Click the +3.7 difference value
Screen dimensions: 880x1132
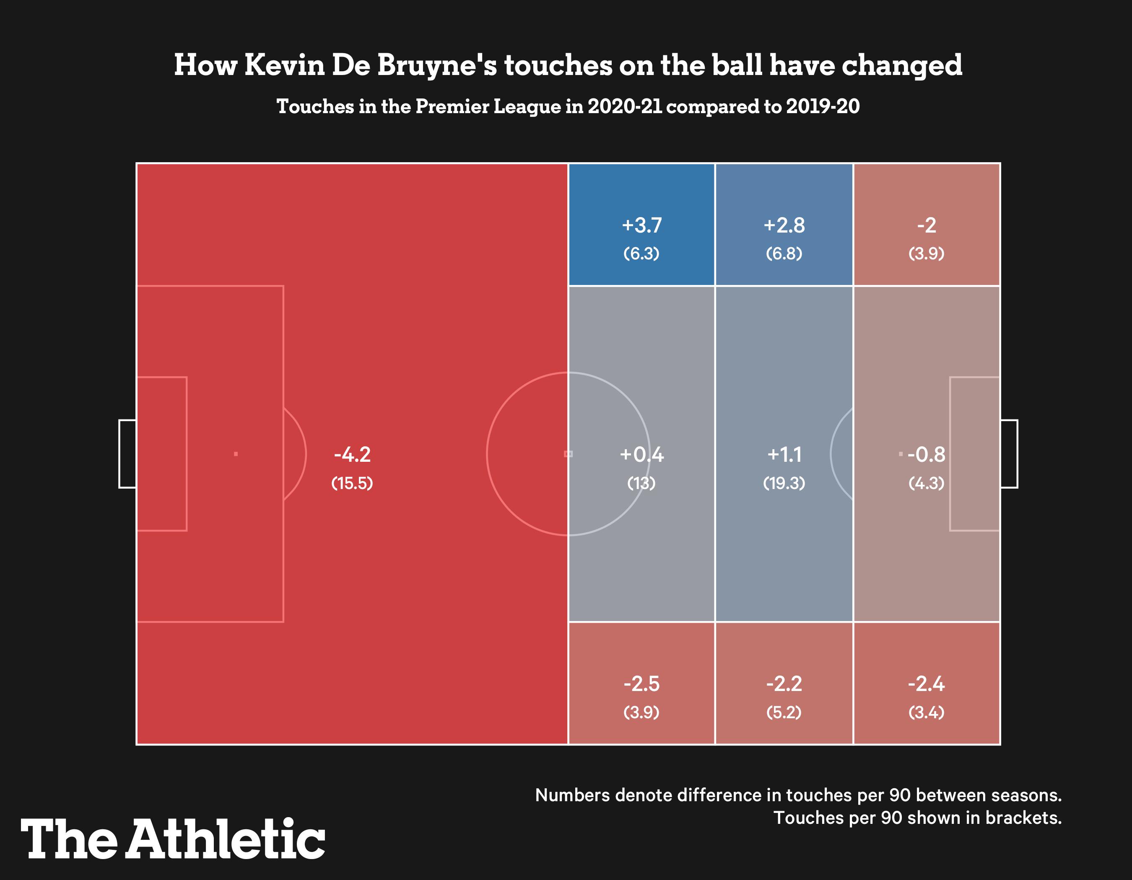tap(641, 225)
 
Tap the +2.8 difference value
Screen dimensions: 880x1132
tap(784, 225)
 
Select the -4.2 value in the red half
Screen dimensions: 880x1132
tap(353, 455)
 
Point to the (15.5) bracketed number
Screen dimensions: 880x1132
tap(353, 483)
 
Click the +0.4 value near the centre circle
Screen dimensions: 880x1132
tap(641, 455)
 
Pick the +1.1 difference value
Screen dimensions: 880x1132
tap(784, 455)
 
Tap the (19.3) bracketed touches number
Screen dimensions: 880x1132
tap(784, 483)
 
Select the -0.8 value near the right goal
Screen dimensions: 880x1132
tap(926, 455)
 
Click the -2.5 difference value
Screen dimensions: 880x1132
tap(641, 684)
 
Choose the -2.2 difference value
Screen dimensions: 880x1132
tap(784, 684)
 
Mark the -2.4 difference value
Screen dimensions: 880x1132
tap(926, 684)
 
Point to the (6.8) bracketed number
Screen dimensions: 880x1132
tap(784, 254)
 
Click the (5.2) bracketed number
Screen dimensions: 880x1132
tap(784, 713)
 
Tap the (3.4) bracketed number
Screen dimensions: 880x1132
tap(926, 713)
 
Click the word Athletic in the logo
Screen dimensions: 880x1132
tap(226, 839)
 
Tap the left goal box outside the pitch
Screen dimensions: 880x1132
tap(127, 454)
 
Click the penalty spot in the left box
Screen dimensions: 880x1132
tap(236, 454)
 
